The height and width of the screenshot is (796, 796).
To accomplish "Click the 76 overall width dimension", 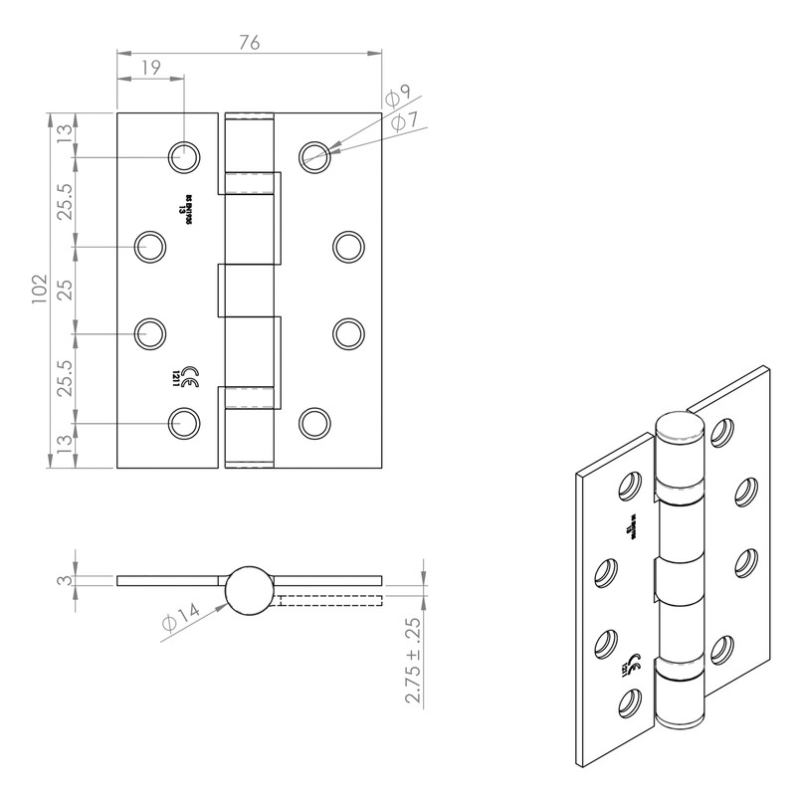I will (250, 42).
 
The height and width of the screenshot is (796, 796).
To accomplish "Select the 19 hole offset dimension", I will (150, 68).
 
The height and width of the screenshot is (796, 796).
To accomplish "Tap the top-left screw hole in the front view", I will (183, 155).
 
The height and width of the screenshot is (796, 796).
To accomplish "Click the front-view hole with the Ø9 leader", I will (315, 155).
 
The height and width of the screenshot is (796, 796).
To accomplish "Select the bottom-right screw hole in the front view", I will (314, 422).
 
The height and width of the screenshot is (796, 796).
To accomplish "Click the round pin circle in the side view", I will (248, 587).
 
